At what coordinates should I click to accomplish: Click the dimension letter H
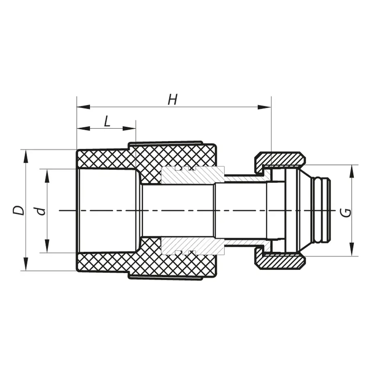pyautogui.click(x=173, y=100)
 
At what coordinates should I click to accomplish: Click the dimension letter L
pyautogui.click(x=107, y=121)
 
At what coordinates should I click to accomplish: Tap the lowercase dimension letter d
pyautogui.click(x=40, y=211)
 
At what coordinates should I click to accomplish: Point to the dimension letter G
pyautogui.click(x=346, y=212)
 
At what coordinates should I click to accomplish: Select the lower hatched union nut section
pyautogui.click(x=280, y=262)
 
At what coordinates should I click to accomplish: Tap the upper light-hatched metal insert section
pyautogui.click(x=193, y=175)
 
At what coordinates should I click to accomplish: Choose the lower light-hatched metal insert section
pyautogui.click(x=193, y=246)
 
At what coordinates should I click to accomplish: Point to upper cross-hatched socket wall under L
pyautogui.click(x=106, y=159)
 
